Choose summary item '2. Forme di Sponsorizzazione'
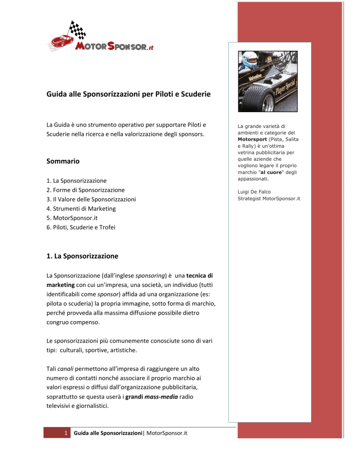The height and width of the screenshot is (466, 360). [86, 190]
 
